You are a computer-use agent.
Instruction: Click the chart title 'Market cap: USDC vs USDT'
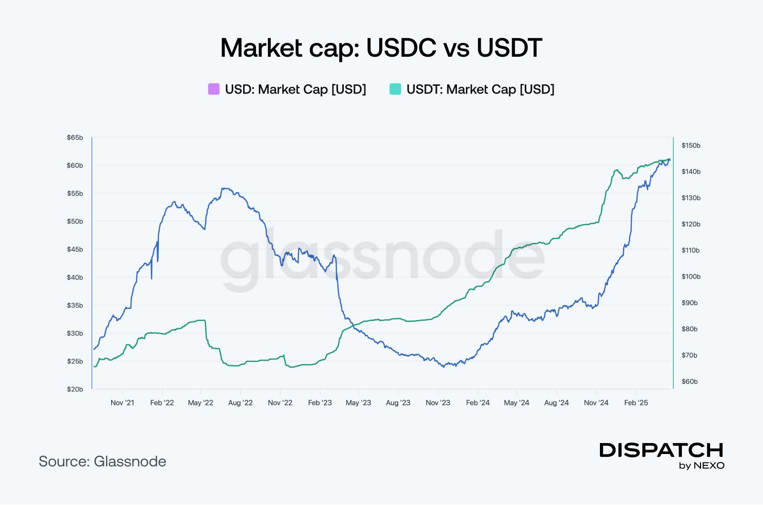(x=381, y=48)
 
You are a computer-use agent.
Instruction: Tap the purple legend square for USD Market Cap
(x=214, y=89)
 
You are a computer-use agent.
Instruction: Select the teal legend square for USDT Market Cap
(x=395, y=89)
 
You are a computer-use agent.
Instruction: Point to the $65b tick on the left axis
(x=75, y=138)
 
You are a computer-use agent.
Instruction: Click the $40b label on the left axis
(x=75, y=278)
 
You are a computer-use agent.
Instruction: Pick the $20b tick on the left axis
(x=75, y=389)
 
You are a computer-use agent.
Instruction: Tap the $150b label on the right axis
(x=691, y=145)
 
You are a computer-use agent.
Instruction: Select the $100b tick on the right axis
(x=691, y=277)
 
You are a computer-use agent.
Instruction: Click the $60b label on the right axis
(x=690, y=381)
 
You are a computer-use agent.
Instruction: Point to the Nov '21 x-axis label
(x=123, y=403)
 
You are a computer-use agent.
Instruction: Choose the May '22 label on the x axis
(x=201, y=403)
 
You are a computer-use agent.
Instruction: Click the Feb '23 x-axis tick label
(x=320, y=403)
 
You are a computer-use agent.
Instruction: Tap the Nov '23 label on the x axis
(x=438, y=403)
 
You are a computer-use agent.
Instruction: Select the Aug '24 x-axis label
(x=557, y=403)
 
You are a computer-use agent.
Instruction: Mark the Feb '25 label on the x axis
(x=636, y=403)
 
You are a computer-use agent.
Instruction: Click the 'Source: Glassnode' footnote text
(x=103, y=462)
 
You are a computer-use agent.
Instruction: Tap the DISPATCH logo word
(x=661, y=450)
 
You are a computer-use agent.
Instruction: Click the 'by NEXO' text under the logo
(x=701, y=466)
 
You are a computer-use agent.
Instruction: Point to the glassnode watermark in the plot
(x=381, y=260)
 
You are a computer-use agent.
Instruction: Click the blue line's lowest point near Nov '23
(x=444, y=367)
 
